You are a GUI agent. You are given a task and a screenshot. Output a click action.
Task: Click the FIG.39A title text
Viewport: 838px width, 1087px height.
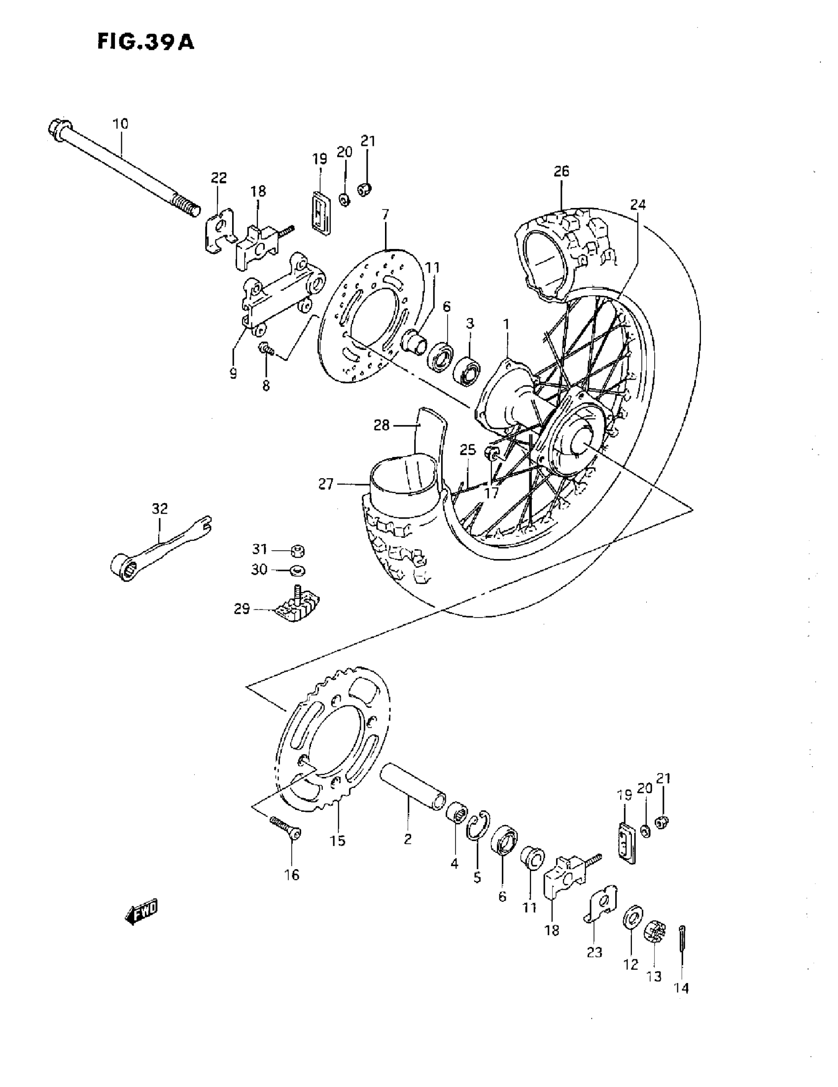point(145,42)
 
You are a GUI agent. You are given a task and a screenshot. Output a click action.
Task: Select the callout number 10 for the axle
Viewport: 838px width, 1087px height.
point(120,123)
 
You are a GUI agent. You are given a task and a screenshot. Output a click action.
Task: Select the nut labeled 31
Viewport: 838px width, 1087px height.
point(298,551)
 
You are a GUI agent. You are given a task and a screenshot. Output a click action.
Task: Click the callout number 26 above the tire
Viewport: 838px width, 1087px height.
point(561,171)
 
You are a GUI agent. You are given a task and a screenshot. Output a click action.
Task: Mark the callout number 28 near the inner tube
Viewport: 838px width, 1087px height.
point(382,425)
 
